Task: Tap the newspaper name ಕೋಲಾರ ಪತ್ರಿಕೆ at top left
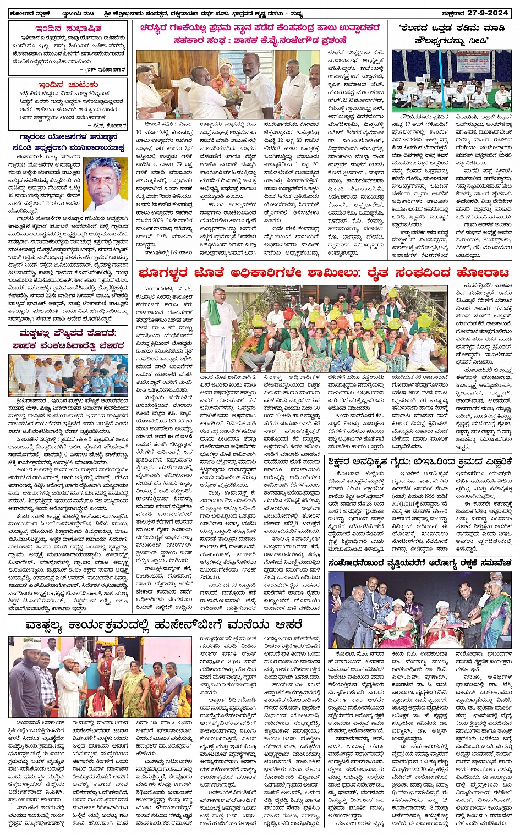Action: (30, 14)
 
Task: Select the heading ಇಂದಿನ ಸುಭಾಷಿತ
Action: (68, 28)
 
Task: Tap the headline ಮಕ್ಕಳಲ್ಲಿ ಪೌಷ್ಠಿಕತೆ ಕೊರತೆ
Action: (68, 333)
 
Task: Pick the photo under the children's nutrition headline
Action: (68, 375)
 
